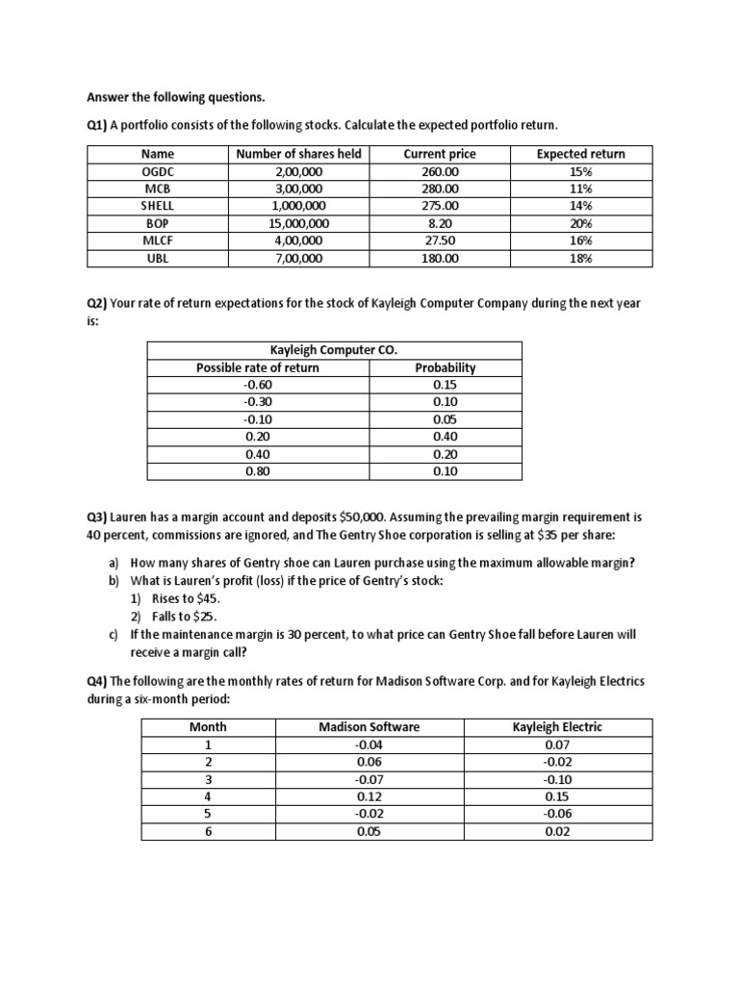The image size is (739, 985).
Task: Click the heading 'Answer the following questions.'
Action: (x=175, y=97)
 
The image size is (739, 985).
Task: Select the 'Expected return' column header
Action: (x=580, y=154)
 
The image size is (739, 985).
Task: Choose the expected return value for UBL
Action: (x=580, y=258)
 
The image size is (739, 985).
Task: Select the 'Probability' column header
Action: (x=445, y=367)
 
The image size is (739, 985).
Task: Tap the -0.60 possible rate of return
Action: (x=258, y=385)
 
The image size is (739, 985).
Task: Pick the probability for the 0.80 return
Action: (x=445, y=471)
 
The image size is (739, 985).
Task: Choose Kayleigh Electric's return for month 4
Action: (x=556, y=796)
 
